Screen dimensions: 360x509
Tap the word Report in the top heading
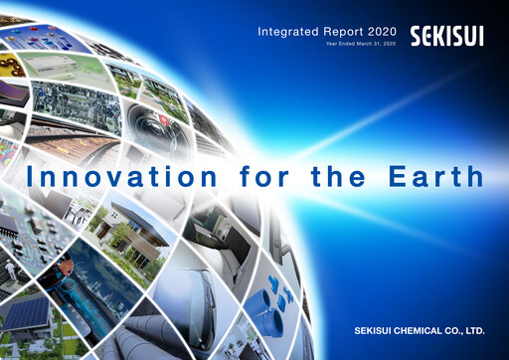pyautogui.click(x=335, y=32)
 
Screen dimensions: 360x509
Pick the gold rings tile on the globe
pyautogui.click(x=13, y=65)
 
